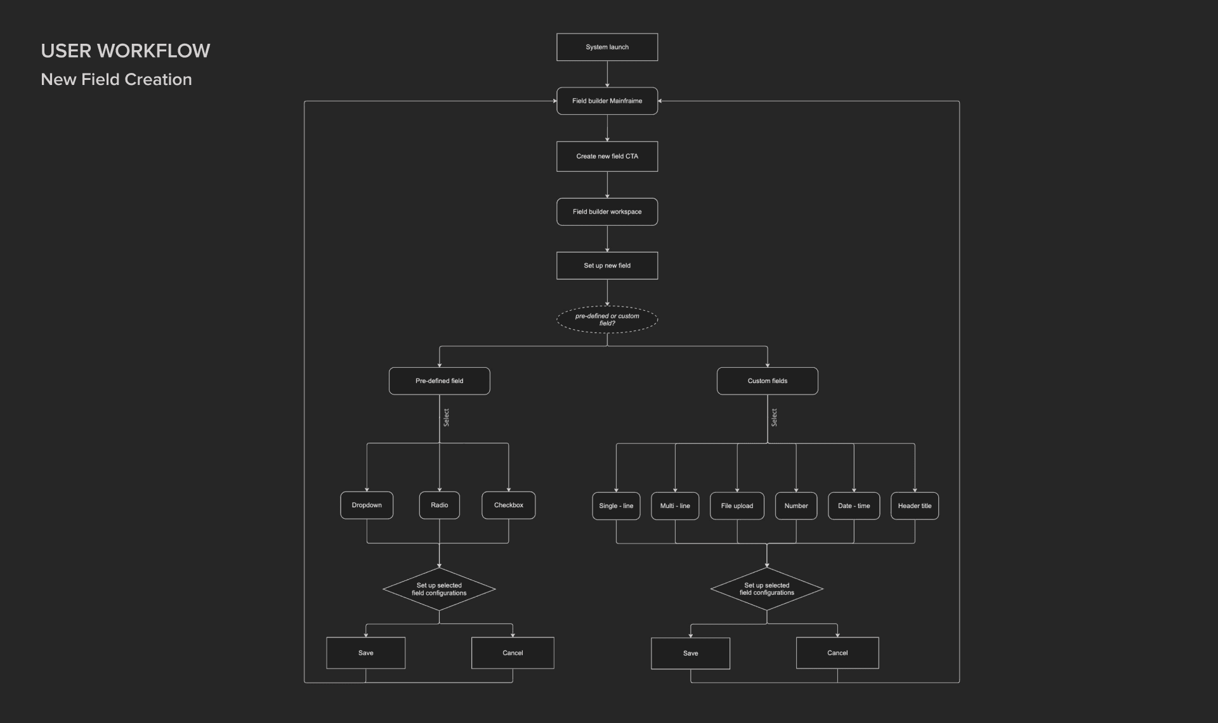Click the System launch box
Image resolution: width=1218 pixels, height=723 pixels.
(607, 47)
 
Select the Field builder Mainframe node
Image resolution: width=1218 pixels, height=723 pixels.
(607, 101)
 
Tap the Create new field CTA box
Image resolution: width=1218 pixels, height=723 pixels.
(607, 156)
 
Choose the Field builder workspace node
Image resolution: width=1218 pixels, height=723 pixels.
(607, 212)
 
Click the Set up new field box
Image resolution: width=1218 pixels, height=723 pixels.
(607, 266)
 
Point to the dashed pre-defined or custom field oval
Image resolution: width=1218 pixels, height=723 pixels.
(607, 320)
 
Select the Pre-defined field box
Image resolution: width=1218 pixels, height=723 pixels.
(439, 381)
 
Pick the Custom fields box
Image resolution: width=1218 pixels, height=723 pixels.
(767, 381)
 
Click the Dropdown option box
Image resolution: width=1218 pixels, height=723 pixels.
(367, 505)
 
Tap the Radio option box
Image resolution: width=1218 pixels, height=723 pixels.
(439, 505)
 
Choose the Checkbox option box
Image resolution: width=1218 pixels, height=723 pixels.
(508, 505)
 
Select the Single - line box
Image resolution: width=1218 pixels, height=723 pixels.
(616, 506)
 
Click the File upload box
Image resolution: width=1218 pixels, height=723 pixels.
(737, 506)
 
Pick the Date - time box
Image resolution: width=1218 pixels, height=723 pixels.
(854, 506)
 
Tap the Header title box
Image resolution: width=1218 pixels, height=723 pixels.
(914, 506)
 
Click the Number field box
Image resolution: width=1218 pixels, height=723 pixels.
(796, 506)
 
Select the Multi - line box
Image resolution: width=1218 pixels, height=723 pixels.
(675, 506)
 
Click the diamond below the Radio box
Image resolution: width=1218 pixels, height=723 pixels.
(439, 589)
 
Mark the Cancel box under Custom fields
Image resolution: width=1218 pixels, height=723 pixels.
(837, 653)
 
